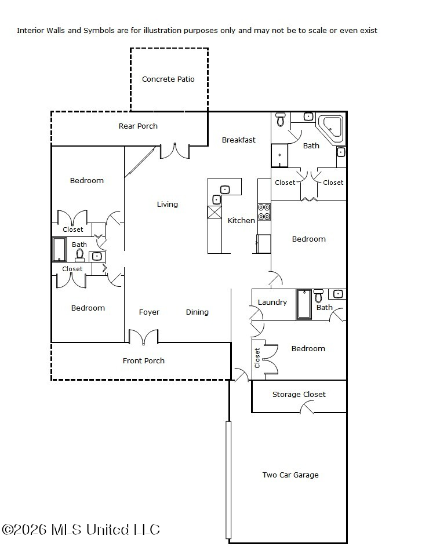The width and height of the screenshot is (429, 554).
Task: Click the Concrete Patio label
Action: pyautogui.click(x=168, y=79)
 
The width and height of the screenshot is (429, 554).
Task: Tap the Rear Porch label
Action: pyautogui.click(x=138, y=126)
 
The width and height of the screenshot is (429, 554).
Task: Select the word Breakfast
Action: pyautogui.click(x=238, y=140)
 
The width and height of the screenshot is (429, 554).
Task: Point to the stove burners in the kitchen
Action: pyautogui.click(x=264, y=212)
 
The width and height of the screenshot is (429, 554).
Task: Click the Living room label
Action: pyautogui.click(x=168, y=204)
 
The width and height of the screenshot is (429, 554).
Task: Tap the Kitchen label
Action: pyautogui.click(x=241, y=220)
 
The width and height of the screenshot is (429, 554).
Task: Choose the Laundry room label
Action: pyautogui.click(x=272, y=302)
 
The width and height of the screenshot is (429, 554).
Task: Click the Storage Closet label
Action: pyautogui.click(x=299, y=394)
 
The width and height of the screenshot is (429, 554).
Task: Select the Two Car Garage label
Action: pyautogui.click(x=290, y=475)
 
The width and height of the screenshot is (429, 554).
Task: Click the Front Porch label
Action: pyautogui.click(x=143, y=360)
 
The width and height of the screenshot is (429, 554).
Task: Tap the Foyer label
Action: pyautogui.click(x=149, y=312)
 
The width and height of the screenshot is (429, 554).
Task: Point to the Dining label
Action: pyautogui.click(x=197, y=312)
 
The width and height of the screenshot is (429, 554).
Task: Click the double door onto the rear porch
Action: pyautogui.click(x=175, y=151)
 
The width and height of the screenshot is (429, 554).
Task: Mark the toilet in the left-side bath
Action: pyautogui.click(x=80, y=256)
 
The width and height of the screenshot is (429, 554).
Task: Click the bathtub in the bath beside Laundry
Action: pyautogui.click(x=304, y=305)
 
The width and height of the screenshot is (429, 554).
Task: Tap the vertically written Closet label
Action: pyautogui.click(x=257, y=358)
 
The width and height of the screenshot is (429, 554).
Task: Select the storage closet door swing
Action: pyautogui.click(x=307, y=408)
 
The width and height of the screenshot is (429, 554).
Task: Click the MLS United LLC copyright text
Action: pyautogui.click(x=81, y=529)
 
